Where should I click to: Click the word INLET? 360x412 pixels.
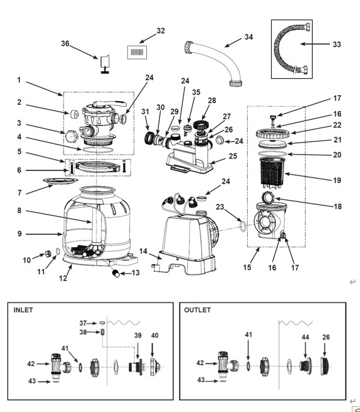point(23,310)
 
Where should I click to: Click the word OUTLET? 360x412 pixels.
point(197,310)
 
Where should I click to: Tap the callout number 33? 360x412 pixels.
point(337,44)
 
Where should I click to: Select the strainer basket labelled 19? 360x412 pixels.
point(272,173)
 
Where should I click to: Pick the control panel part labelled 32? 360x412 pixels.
point(137,52)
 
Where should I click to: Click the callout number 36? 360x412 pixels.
point(65,44)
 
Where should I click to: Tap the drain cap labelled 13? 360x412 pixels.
point(116,273)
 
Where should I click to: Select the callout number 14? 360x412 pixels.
point(143,251)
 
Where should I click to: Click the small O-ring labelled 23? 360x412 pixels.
point(243,227)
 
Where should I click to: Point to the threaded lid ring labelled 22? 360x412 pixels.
point(273,134)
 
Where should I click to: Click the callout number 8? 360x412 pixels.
point(20,211)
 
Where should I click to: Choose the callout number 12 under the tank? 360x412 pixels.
point(63,278)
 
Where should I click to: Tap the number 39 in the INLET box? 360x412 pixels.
point(138,336)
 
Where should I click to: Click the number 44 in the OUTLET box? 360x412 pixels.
point(305,337)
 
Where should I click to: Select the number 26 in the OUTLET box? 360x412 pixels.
point(326,337)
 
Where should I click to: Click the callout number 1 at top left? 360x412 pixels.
point(19,80)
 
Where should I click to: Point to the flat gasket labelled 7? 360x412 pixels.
point(61,181)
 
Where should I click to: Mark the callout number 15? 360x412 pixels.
point(247,268)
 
